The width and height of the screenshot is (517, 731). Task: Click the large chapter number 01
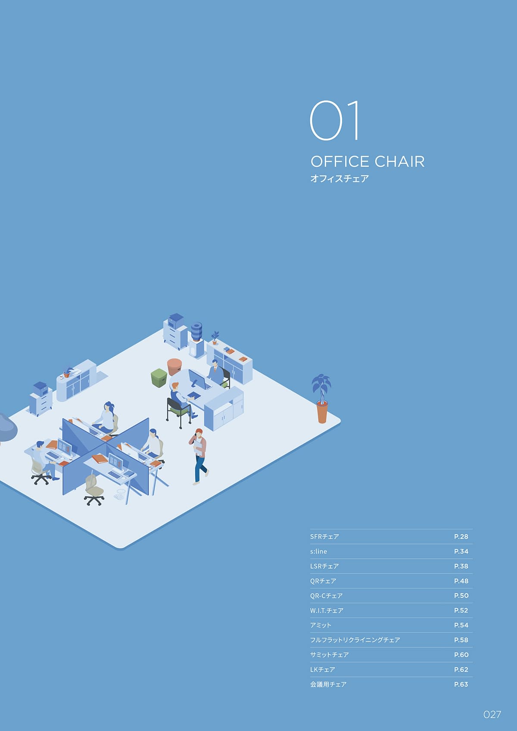click(x=334, y=121)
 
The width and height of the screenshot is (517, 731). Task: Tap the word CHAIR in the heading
click(x=399, y=162)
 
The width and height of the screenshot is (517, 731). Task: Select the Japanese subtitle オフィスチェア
click(x=339, y=178)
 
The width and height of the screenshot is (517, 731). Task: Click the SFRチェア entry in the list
click(x=324, y=536)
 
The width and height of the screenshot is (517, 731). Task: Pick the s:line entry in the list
click(x=318, y=551)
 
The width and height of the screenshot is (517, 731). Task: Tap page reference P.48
click(x=461, y=581)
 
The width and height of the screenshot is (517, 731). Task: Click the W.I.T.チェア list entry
click(x=327, y=610)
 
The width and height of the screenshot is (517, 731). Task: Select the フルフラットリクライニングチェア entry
click(x=355, y=640)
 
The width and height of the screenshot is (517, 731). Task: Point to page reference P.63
click(x=461, y=684)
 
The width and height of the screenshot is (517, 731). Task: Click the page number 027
click(x=492, y=714)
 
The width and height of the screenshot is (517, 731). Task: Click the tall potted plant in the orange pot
click(x=322, y=398)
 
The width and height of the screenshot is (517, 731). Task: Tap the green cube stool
click(x=159, y=378)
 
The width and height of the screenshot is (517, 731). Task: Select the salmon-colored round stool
click(x=174, y=367)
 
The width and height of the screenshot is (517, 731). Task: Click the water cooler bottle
click(x=196, y=332)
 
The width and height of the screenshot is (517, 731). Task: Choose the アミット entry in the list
click(x=321, y=625)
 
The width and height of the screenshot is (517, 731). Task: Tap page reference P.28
click(x=461, y=536)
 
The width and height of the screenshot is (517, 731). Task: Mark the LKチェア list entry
click(x=322, y=669)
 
